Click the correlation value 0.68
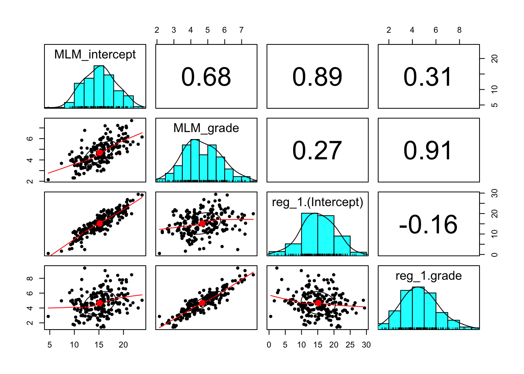pos(206,77)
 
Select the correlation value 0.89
pos(317,77)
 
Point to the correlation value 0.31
pos(428,77)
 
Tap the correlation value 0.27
pos(317,151)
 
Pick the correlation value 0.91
pos(428,151)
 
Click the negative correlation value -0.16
pos(428,225)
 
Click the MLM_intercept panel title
pos(95,55)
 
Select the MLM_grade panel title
pos(206,128)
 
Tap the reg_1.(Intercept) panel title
pos(317,202)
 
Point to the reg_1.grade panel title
pos(428,276)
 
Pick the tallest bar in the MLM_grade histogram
pos(195,160)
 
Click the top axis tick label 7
pos(241,30)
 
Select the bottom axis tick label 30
pos(366,345)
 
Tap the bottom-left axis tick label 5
pos(50,345)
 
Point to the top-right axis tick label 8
pos(459,30)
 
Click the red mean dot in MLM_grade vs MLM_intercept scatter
pos(99,152)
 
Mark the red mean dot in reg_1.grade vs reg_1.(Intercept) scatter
pos(318,303)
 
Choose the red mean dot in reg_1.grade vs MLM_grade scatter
pos(202,303)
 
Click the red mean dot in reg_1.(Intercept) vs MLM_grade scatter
pos(202,223)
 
